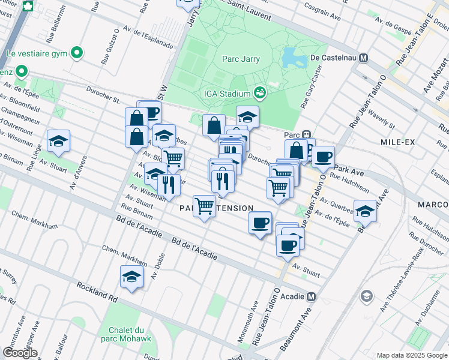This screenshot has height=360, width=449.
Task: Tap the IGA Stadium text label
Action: [225, 94]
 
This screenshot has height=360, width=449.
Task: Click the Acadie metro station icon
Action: [311, 296]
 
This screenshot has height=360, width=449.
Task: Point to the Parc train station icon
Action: [306, 134]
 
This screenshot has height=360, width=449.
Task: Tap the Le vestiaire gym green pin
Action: [76, 53]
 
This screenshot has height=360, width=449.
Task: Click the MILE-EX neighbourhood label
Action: [394, 141]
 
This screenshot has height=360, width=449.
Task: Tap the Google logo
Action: [20, 353]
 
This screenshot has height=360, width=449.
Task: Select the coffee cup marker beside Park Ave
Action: [323, 157]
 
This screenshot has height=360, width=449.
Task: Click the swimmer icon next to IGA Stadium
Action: [260, 93]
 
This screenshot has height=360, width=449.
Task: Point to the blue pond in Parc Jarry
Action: [294, 57]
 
